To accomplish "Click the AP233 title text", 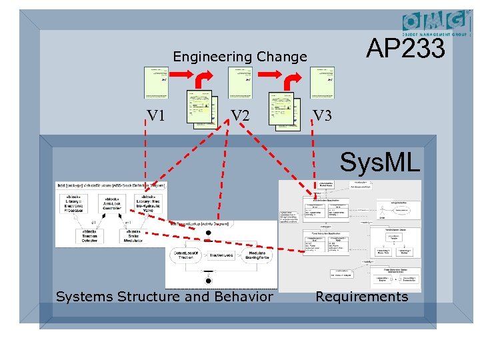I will (x=406, y=49).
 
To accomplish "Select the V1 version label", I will (x=157, y=115).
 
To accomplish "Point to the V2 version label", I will (x=240, y=115).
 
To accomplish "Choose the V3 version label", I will (x=323, y=115).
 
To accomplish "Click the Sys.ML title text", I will (x=379, y=162).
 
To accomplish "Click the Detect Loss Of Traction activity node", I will (x=186, y=256).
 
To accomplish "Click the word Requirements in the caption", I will (x=361, y=297).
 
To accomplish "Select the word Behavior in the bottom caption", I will (x=241, y=297).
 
